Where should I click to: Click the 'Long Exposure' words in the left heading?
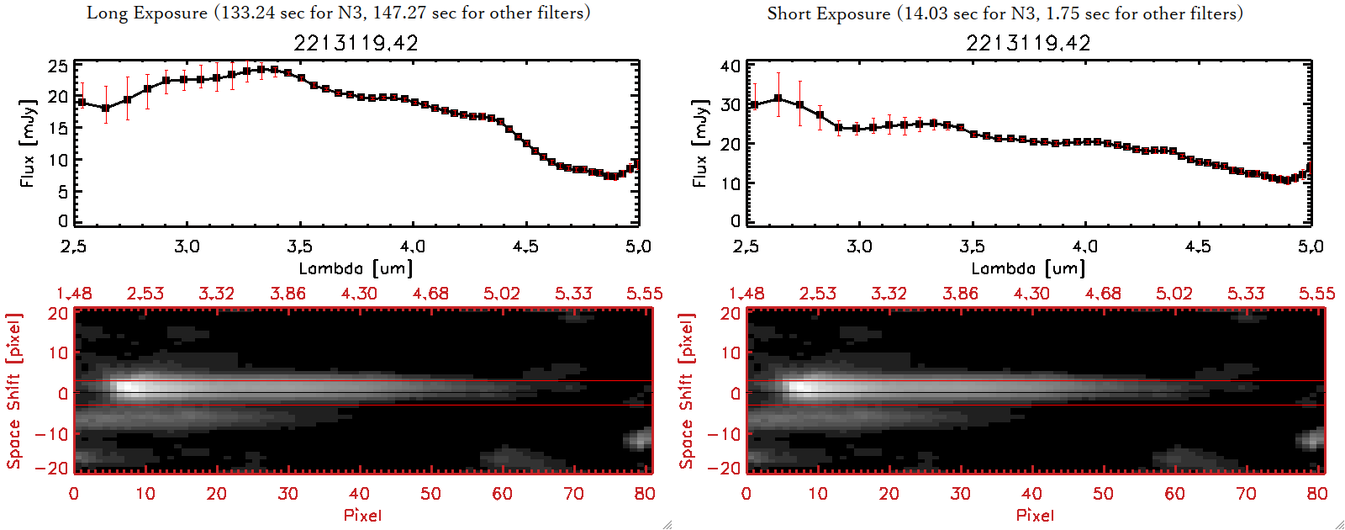[x=147, y=13]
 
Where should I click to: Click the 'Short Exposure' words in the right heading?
[x=828, y=13]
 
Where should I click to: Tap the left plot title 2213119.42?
[x=356, y=43]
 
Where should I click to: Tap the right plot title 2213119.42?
[x=1028, y=43]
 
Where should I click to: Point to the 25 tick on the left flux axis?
[x=58, y=66]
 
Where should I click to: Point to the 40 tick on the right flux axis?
[x=731, y=66]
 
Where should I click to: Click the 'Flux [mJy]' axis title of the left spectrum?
[x=29, y=143]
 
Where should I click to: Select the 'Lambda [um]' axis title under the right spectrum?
[x=1028, y=268]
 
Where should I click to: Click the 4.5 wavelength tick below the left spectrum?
[x=525, y=246]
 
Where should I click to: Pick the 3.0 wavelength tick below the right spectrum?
[x=859, y=246]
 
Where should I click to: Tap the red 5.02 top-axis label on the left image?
[x=502, y=294]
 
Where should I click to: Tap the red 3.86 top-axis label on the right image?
[x=960, y=294]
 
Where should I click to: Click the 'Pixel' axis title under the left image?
[x=362, y=515]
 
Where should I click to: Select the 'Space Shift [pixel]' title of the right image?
[x=687, y=391]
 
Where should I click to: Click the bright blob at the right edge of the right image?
[x=1311, y=438]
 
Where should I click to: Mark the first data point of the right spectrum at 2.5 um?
[x=754, y=105]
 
